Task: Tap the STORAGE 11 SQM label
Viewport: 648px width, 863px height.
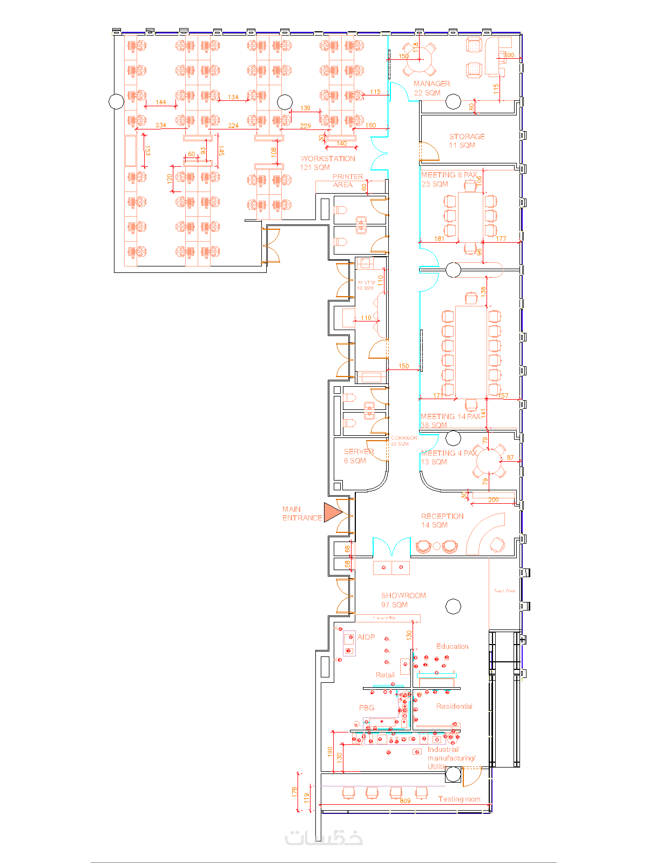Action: [x=466, y=141]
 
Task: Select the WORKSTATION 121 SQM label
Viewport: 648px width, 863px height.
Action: [x=327, y=163]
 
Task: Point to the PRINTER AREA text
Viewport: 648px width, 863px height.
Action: [x=347, y=181]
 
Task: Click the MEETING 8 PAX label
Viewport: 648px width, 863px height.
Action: [x=449, y=179]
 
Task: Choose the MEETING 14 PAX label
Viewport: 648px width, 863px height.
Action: [x=450, y=421]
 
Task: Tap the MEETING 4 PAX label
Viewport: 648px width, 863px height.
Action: [x=448, y=457]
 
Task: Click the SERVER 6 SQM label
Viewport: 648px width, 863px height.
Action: [x=358, y=456]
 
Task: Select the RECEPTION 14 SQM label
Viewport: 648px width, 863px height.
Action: [x=442, y=520]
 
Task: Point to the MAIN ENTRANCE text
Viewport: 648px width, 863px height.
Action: [x=301, y=513]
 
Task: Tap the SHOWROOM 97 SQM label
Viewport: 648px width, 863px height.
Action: [x=403, y=600]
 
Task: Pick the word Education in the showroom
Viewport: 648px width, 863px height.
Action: [x=452, y=646]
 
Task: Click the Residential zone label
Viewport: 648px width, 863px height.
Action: [x=454, y=706]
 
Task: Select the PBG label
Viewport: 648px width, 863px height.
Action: [x=366, y=708]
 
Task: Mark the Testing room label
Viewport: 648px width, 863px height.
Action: [x=458, y=799]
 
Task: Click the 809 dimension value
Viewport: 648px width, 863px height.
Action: [x=405, y=801]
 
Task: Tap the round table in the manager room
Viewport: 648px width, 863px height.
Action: [x=421, y=59]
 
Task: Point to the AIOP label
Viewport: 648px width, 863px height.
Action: [x=366, y=637]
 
